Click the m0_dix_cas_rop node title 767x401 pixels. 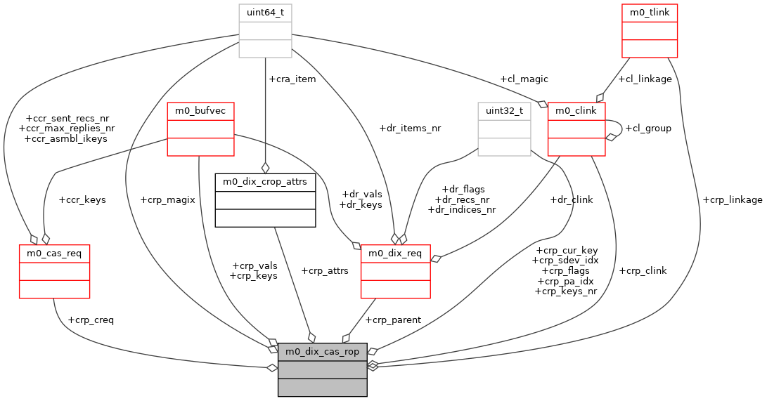click(x=323, y=351)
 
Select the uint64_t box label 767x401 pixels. click(x=265, y=13)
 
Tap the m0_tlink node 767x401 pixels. click(x=649, y=13)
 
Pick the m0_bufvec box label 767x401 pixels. click(x=200, y=110)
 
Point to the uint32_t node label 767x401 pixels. click(x=504, y=110)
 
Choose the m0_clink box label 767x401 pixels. click(x=576, y=110)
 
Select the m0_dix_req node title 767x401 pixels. click(x=395, y=253)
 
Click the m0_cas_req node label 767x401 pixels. click(x=53, y=253)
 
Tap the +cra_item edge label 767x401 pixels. click(x=292, y=79)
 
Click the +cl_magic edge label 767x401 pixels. click(x=524, y=79)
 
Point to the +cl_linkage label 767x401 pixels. click(x=645, y=79)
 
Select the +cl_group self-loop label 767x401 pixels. click(x=648, y=128)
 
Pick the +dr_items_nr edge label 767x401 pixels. click(x=410, y=128)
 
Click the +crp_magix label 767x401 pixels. click(x=167, y=199)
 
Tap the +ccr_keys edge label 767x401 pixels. click(x=82, y=199)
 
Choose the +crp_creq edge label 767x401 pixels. click(x=91, y=320)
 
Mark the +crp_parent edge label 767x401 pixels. click(x=394, y=320)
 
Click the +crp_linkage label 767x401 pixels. click(x=732, y=199)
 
